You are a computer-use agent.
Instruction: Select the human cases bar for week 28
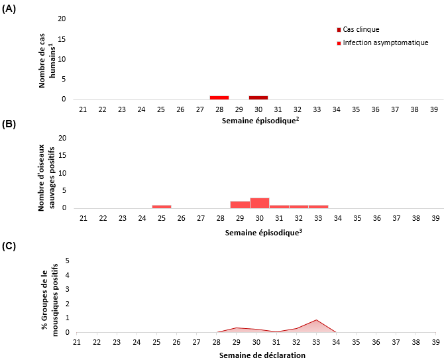219,97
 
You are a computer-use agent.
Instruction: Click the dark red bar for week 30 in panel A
258,97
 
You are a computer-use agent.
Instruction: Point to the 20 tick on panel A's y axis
62,19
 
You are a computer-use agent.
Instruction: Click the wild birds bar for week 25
161,206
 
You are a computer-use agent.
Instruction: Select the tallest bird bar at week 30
259,203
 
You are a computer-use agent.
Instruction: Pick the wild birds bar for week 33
318,206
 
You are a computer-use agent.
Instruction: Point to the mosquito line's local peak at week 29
237,328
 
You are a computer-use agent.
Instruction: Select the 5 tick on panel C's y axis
68,261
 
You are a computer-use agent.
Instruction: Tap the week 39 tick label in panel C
435,342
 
